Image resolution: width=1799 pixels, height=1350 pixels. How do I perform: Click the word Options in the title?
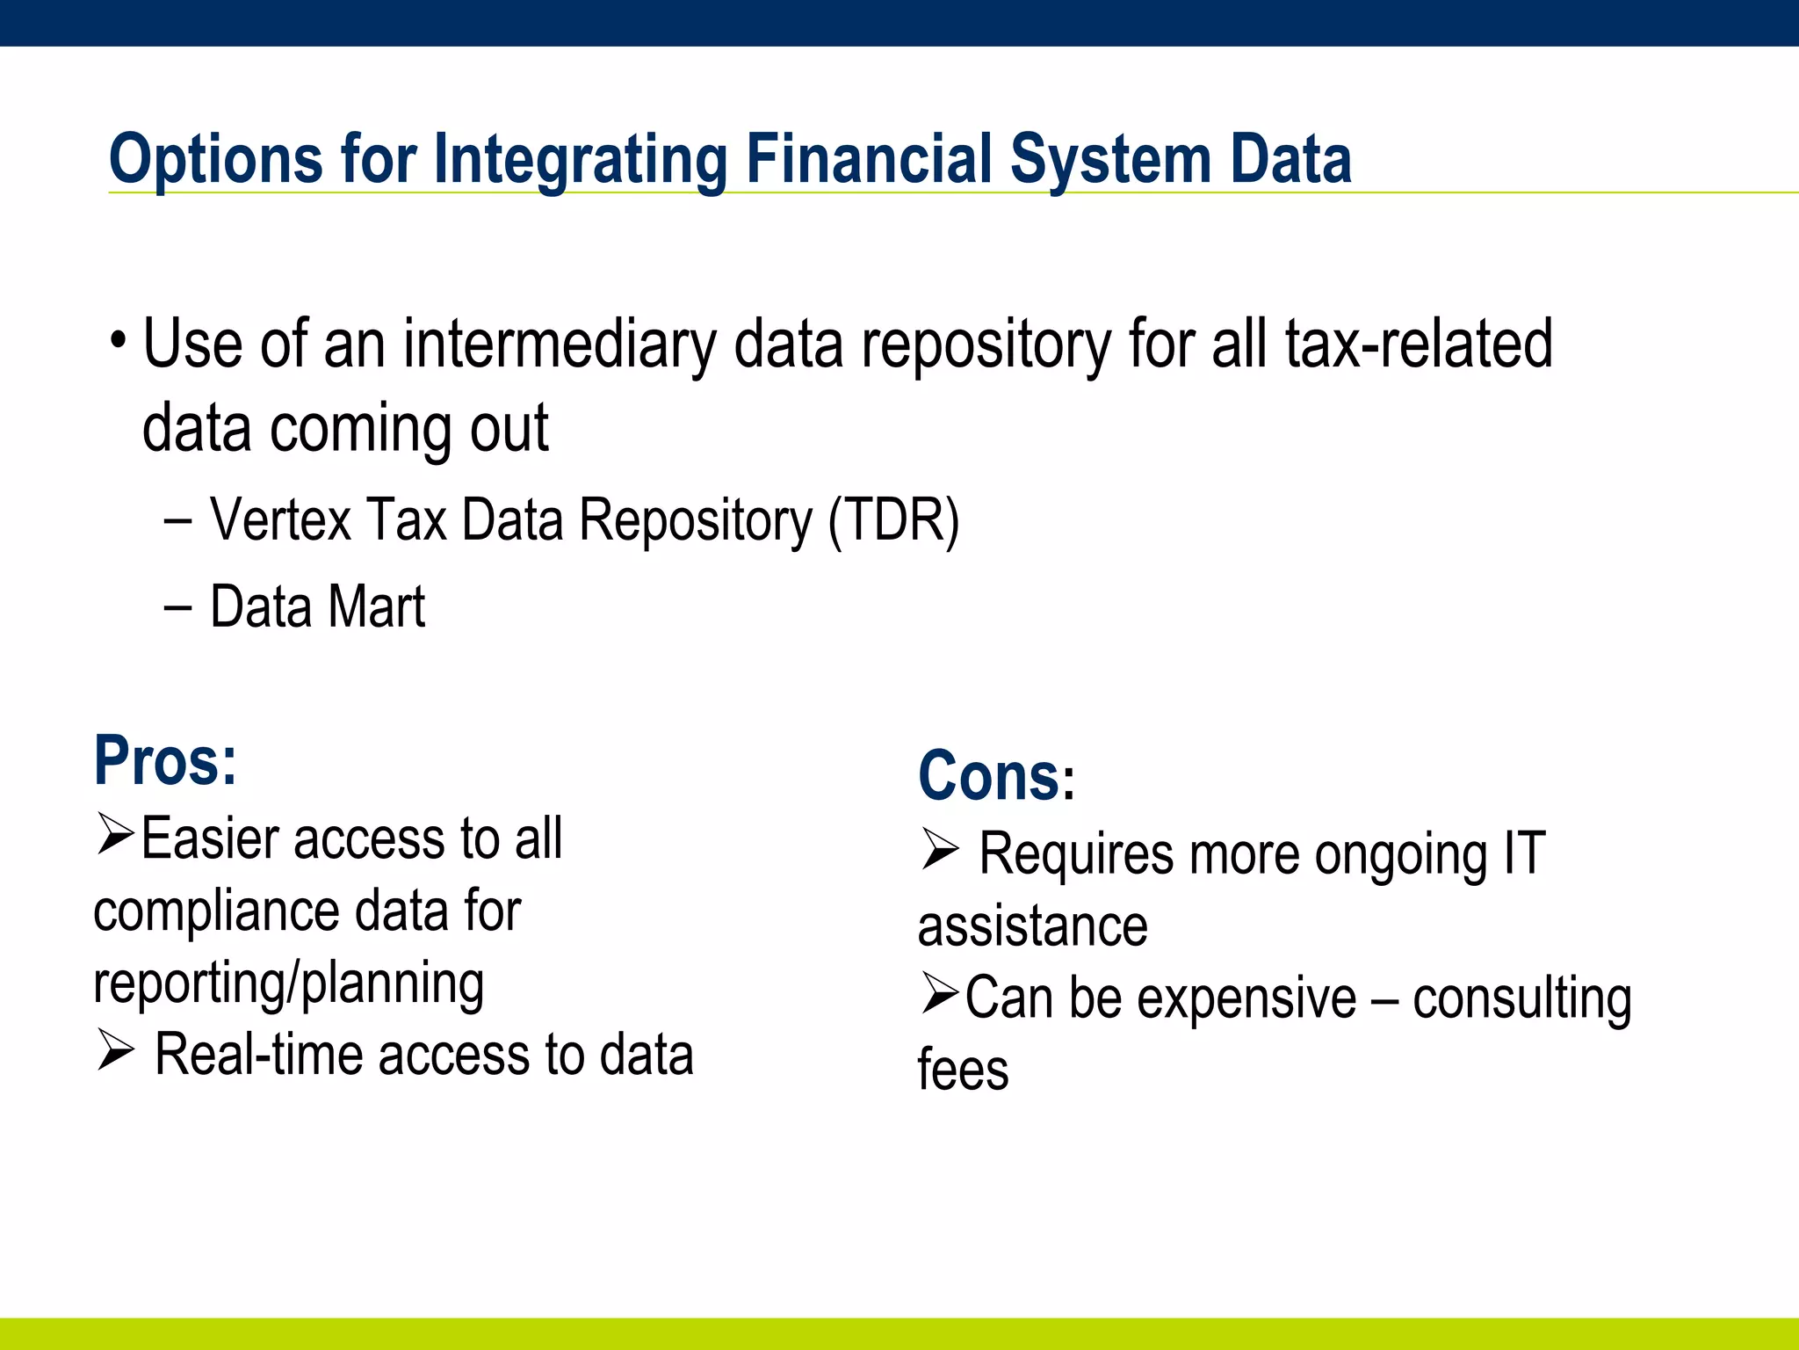tap(215, 160)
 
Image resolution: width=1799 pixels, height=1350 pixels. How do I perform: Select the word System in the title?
tap(1110, 160)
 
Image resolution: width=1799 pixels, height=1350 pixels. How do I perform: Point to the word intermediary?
tap(560, 344)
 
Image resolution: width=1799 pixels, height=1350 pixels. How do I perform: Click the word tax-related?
tap(1418, 344)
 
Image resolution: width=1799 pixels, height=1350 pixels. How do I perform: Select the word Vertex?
tap(280, 520)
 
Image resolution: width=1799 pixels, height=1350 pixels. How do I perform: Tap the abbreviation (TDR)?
tap(893, 520)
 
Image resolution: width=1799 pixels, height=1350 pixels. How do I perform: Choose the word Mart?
tap(376, 607)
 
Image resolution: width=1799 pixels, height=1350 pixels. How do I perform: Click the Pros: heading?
tap(165, 761)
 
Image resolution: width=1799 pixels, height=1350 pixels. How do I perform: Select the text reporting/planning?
tap(288, 983)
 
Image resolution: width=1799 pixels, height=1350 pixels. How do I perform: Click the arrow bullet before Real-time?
tap(114, 1049)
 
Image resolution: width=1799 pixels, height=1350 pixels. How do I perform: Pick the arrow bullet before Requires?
tap(939, 849)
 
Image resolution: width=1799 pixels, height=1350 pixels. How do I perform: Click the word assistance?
tap(1032, 926)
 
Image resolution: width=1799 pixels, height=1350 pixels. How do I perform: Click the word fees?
tap(963, 1071)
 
